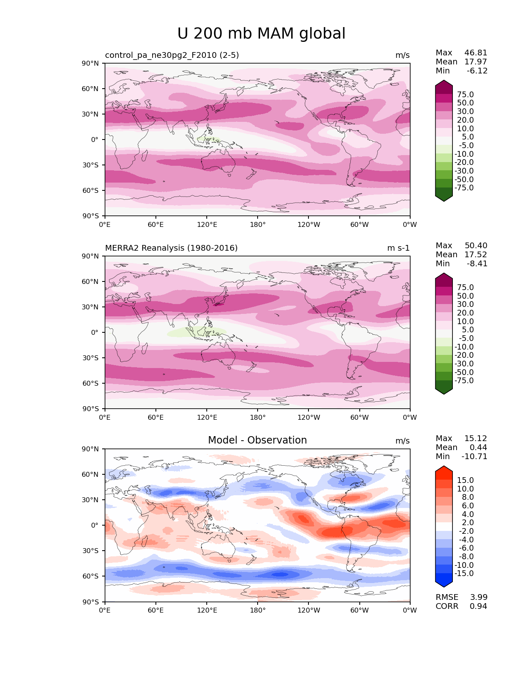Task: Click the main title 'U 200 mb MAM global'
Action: tap(261, 34)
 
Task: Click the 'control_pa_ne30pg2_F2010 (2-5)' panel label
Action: tap(172, 55)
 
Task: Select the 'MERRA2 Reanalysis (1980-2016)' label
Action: tap(171, 248)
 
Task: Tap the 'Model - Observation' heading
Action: tap(257, 440)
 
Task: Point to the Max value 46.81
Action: tap(476, 53)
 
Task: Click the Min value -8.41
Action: tap(477, 264)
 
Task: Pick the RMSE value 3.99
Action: tap(479, 597)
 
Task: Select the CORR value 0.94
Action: tap(479, 606)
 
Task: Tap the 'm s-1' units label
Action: tap(398, 248)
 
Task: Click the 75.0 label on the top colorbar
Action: tap(465, 95)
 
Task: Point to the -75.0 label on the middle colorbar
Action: tap(464, 381)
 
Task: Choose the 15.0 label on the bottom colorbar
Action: tap(465, 480)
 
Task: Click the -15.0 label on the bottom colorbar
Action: tap(464, 574)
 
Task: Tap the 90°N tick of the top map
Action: tap(91, 63)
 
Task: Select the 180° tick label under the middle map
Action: tap(258, 418)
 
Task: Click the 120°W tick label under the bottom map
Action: tap(308, 611)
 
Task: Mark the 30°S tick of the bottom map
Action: tap(91, 551)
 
